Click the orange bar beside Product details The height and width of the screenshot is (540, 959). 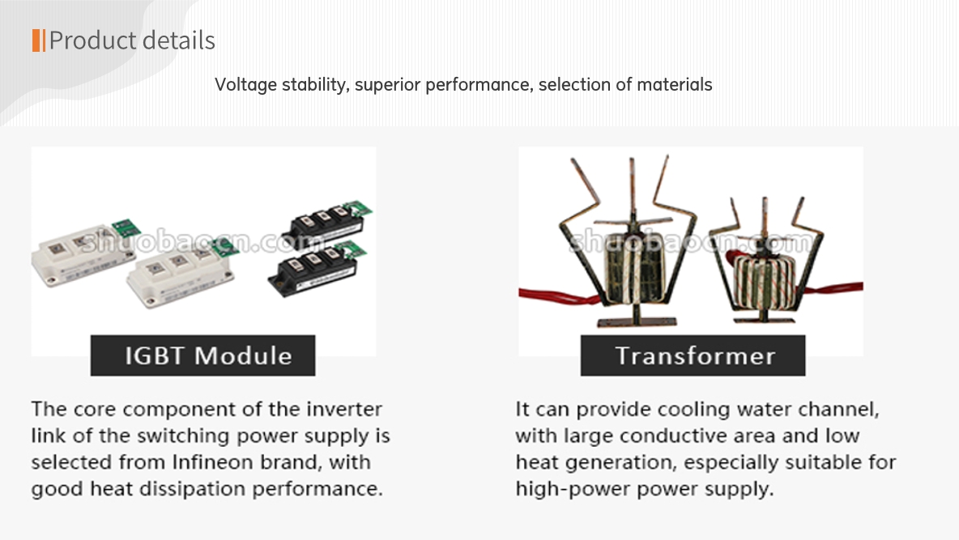pos(39,40)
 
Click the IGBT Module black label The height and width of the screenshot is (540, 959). pos(203,355)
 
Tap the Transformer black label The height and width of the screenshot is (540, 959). pos(693,355)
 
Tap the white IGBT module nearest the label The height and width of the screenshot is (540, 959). pos(181,274)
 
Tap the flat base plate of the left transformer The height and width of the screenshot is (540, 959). pos(637,321)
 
